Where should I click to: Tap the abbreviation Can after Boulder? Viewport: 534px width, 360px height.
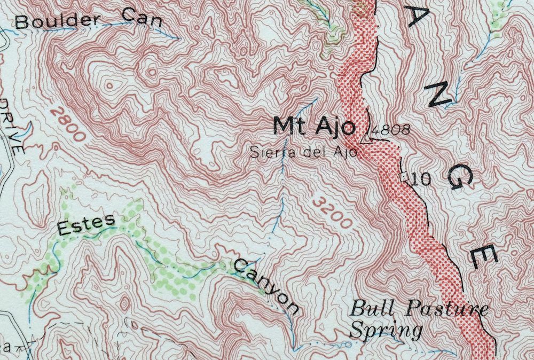coord(141,16)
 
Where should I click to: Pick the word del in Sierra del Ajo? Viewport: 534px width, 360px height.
coord(312,153)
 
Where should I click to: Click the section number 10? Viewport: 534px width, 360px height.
coord(420,179)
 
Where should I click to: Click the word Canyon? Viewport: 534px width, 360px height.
coord(266,286)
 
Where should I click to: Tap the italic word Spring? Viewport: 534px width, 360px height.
coord(386,330)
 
